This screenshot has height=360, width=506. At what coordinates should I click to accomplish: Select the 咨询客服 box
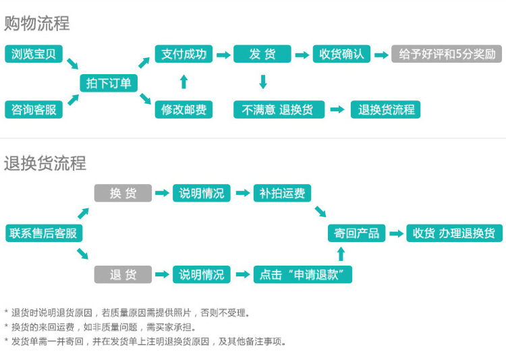pyautogui.click(x=34, y=109)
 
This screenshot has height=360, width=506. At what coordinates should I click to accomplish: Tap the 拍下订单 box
pyautogui.click(x=109, y=82)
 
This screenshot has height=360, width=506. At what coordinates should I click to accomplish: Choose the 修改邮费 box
pyautogui.click(x=184, y=109)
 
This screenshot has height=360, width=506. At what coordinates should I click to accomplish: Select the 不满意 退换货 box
pyautogui.click(x=279, y=109)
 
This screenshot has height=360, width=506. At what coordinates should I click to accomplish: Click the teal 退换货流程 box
pyautogui.click(x=386, y=109)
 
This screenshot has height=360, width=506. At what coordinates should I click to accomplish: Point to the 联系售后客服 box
pyautogui.click(x=44, y=233)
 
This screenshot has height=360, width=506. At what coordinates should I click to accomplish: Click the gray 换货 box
pyautogui.click(x=123, y=193)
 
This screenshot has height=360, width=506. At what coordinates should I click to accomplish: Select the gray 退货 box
pyautogui.click(x=123, y=274)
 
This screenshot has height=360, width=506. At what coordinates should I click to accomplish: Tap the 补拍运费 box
pyautogui.click(x=282, y=193)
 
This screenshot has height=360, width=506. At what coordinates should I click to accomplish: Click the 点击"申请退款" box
pyautogui.click(x=302, y=274)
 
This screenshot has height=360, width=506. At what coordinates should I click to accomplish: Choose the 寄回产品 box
pyautogui.click(x=357, y=233)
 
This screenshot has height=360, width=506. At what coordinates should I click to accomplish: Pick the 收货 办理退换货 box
pyautogui.click(x=454, y=233)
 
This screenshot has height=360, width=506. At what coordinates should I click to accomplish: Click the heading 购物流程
pyautogui.click(x=37, y=24)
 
